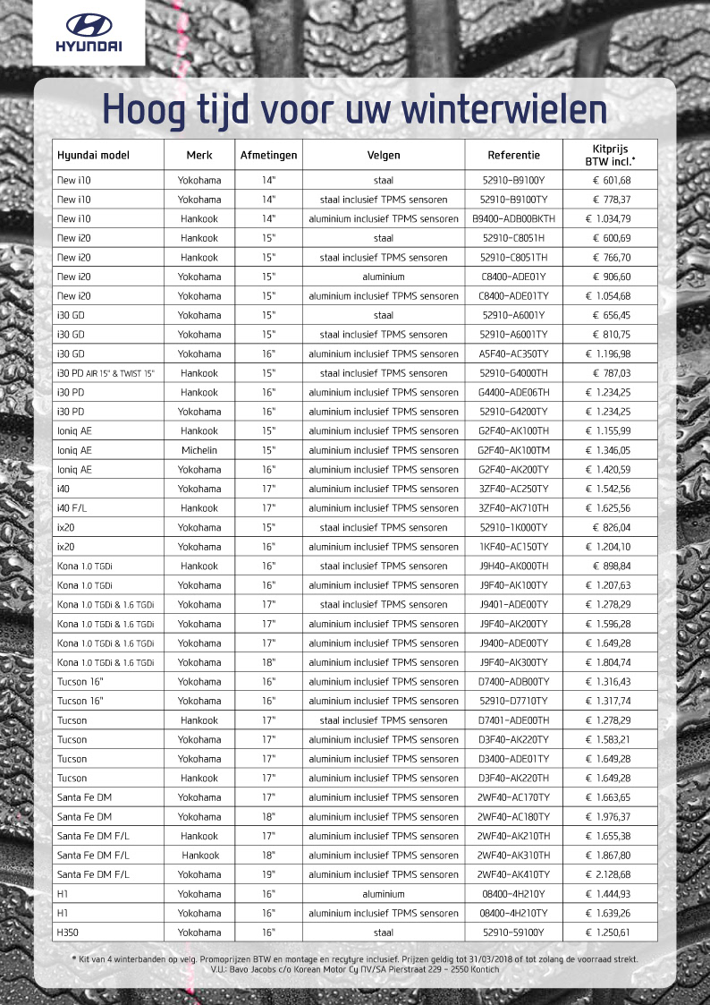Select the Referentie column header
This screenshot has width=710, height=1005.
(512, 155)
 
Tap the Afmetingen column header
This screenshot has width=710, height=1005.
(269, 155)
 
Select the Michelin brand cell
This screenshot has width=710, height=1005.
(199, 450)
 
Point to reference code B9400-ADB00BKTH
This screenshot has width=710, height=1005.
(513, 218)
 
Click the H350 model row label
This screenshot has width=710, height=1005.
(69, 932)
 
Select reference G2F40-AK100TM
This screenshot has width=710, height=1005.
(513, 450)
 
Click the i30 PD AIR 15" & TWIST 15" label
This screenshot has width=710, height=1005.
(106, 373)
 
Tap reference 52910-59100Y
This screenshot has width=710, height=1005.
(513, 932)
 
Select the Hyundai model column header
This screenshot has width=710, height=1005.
(93, 155)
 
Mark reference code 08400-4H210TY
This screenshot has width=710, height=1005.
(513, 913)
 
